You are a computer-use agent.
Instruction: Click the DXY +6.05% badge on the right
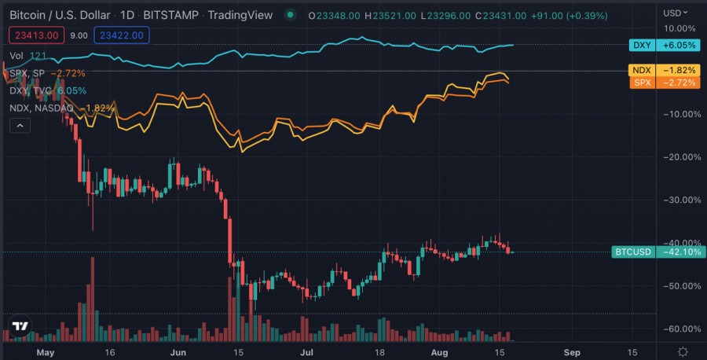coord(664,45)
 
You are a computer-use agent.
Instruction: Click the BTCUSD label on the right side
coord(633,252)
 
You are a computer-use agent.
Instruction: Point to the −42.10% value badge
coord(677,252)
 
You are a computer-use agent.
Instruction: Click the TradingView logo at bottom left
coord(20,326)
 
